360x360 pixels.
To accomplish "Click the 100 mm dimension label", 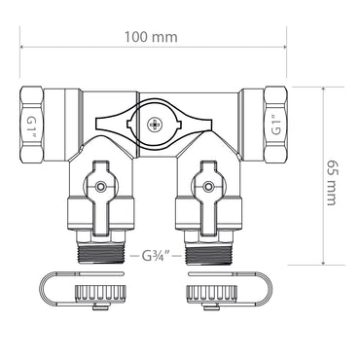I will (x=151, y=37).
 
